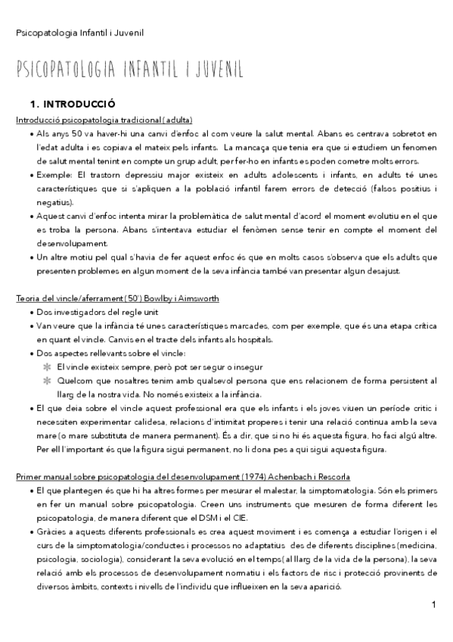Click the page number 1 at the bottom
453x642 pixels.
click(x=433, y=605)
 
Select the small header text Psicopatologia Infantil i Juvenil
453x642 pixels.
click(x=80, y=33)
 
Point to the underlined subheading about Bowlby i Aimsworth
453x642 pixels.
click(x=117, y=298)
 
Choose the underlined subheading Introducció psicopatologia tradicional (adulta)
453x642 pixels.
click(x=104, y=120)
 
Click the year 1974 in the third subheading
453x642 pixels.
click(x=265, y=476)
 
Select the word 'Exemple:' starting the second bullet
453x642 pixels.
click(x=54, y=175)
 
